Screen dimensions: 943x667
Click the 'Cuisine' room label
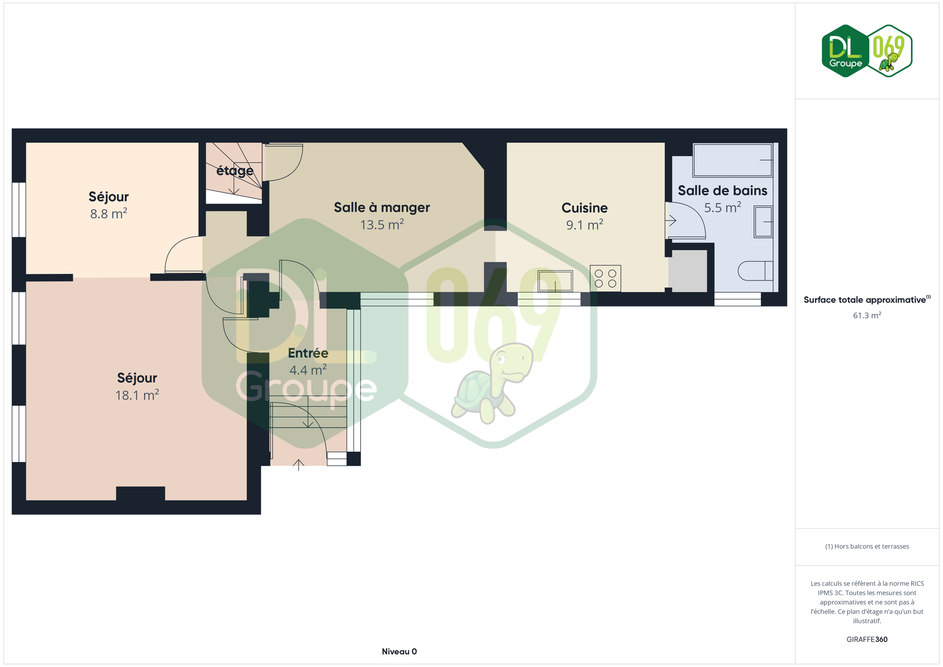click(584, 208)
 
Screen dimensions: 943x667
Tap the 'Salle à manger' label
click(382, 208)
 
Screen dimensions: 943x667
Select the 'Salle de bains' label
click(722, 190)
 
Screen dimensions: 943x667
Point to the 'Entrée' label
click(308, 353)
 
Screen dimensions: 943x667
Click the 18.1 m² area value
click(137, 395)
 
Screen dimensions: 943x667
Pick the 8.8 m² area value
click(108, 214)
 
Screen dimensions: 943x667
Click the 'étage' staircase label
click(235, 171)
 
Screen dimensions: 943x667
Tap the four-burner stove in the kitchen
click(605, 278)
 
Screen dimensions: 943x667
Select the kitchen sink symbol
click(555, 281)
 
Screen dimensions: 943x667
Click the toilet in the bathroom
click(755, 271)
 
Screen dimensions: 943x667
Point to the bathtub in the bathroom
click(733, 160)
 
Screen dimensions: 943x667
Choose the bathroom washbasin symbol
click(763, 222)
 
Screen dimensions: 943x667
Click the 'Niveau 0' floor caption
click(399, 652)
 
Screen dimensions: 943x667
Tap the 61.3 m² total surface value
click(867, 315)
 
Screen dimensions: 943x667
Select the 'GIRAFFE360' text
click(867, 639)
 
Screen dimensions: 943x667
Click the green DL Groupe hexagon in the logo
click(845, 51)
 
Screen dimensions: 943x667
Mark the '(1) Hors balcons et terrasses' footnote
click(867, 547)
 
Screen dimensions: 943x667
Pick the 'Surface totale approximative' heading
click(865, 300)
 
